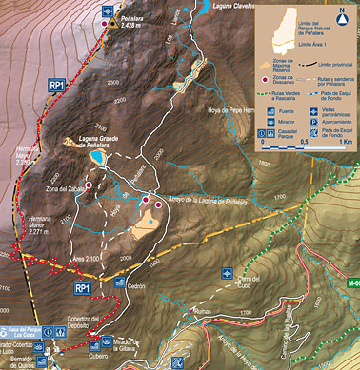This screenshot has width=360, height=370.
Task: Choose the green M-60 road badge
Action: (x=353, y=282)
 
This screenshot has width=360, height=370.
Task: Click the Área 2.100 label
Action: (x=87, y=258)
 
